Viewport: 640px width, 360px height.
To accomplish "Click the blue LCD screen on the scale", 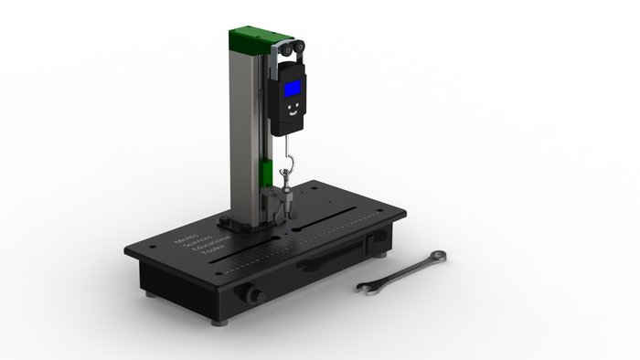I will coord(293,89).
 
